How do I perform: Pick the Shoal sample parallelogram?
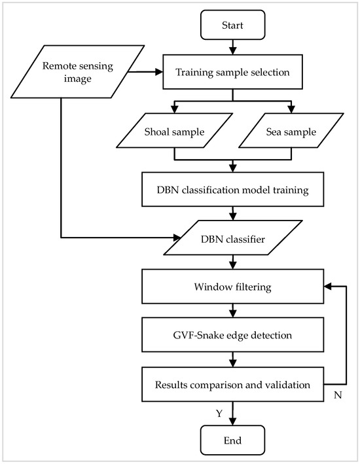[174, 133]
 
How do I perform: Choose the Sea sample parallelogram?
[289, 133]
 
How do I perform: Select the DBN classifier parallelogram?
[232, 240]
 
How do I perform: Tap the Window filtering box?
[232, 287]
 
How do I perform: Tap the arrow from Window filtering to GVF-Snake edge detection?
[232, 310]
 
